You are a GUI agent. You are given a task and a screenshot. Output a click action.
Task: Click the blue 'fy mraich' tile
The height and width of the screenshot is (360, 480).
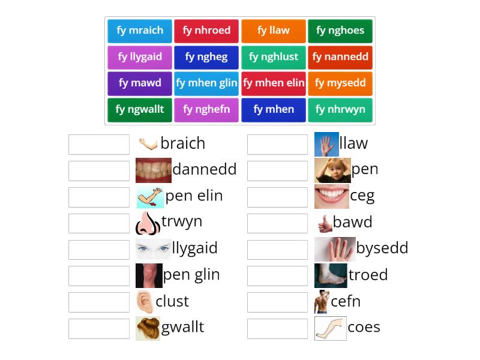(x=140, y=31)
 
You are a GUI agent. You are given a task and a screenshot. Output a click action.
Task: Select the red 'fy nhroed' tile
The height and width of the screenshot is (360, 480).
(x=206, y=31)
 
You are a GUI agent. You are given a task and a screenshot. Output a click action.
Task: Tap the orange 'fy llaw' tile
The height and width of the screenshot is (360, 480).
(x=274, y=31)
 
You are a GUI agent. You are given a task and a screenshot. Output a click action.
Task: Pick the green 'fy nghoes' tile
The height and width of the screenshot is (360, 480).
(x=340, y=31)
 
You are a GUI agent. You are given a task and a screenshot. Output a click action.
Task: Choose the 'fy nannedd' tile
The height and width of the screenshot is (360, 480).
(x=340, y=57)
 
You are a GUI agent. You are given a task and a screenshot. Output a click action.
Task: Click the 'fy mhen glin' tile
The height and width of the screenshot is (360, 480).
(x=206, y=83)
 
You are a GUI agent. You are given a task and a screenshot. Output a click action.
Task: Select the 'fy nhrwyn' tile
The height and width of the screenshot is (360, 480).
(x=340, y=110)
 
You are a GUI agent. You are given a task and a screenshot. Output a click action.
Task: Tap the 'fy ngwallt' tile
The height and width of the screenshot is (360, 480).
(x=140, y=110)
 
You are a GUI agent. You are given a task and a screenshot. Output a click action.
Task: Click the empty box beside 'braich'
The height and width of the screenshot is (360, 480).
(x=99, y=144)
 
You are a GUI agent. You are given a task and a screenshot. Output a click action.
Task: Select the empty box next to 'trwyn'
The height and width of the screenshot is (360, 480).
(x=99, y=223)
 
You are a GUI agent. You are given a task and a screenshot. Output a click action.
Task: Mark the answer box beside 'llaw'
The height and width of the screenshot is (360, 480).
(x=277, y=144)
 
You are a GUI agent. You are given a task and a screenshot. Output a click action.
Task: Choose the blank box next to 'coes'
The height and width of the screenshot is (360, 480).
(x=277, y=328)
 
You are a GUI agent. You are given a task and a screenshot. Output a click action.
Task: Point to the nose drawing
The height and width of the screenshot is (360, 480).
(x=147, y=223)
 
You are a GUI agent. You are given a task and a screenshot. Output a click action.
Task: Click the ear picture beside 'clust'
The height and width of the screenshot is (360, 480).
(x=144, y=302)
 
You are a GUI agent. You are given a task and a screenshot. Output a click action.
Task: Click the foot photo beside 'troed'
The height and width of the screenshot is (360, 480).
(x=331, y=275)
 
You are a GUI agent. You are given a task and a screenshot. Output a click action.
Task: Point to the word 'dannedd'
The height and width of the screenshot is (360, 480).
(x=204, y=170)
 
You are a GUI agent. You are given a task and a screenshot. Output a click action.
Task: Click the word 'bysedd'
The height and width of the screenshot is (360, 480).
(x=382, y=248)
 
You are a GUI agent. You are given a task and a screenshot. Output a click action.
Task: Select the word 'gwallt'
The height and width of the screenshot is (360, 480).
(x=182, y=328)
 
